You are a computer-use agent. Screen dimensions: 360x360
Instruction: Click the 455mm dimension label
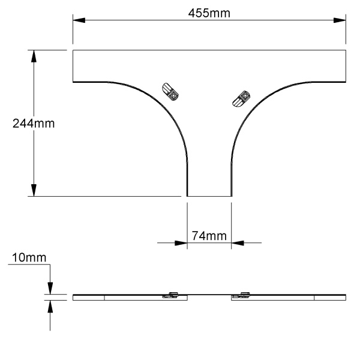coord(209,13)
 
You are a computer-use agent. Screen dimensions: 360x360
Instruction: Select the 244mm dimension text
coord(34,124)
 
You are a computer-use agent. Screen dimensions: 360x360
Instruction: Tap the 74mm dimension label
coord(209,236)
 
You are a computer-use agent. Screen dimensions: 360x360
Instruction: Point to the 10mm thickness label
coord(29,257)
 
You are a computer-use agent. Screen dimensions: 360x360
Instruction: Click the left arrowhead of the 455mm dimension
coord(79,20)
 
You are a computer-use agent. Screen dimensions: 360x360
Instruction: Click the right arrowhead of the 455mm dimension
coord(340,20)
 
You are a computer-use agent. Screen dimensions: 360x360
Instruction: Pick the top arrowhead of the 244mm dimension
coord(34,56)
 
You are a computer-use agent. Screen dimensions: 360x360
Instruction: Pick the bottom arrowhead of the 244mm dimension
coord(34,190)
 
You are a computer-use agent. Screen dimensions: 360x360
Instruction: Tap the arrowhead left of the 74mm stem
coord(181,243)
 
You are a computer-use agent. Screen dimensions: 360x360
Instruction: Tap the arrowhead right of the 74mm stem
coord(238,243)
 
